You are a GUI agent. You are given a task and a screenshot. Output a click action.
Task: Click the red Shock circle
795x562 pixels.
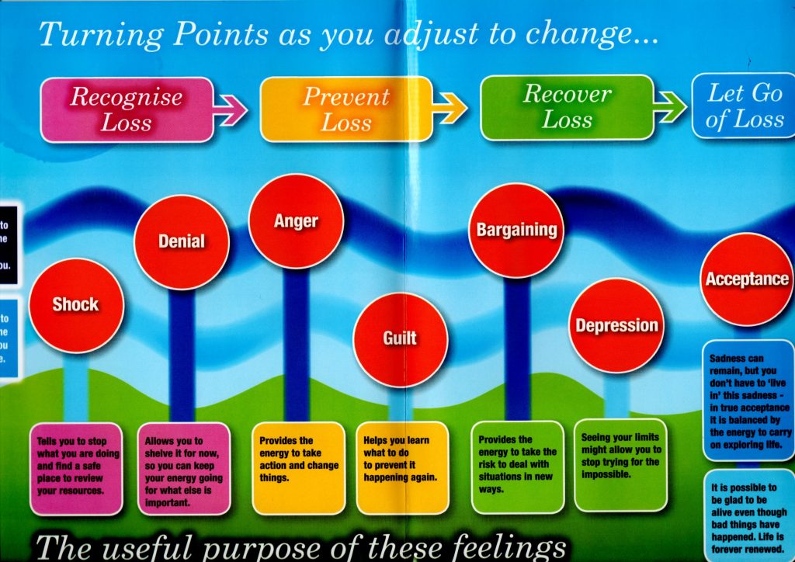tap(76, 304)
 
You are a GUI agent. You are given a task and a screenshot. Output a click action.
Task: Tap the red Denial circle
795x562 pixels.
tap(182, 241)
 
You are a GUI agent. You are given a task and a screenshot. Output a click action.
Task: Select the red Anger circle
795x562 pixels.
tap(296, 221)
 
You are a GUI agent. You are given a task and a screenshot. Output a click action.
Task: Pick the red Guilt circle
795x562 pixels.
tap(400, 338)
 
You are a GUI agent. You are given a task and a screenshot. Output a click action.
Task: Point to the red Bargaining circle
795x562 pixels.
tap(516, 230)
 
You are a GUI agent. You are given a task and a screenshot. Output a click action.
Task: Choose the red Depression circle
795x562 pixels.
tap(616, 325)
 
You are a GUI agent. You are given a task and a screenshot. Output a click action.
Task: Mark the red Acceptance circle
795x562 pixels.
tap(746, 279)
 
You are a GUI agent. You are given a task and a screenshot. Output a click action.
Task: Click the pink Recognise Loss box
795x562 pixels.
tap(127, 109)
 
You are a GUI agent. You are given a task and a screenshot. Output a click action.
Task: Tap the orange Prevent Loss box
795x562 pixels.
tap(346, 109)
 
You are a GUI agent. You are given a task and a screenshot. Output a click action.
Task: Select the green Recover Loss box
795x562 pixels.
tap(567, 107)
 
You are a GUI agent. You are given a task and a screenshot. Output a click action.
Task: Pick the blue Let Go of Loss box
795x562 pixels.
tap(744, 107)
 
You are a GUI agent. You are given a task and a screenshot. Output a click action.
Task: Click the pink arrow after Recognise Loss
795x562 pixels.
tap(231, 110)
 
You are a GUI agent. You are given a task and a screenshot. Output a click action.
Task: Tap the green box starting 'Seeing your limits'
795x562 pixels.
tap(621, 464)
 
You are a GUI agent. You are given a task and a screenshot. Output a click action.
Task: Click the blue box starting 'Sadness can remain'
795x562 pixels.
tap(749, 401)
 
